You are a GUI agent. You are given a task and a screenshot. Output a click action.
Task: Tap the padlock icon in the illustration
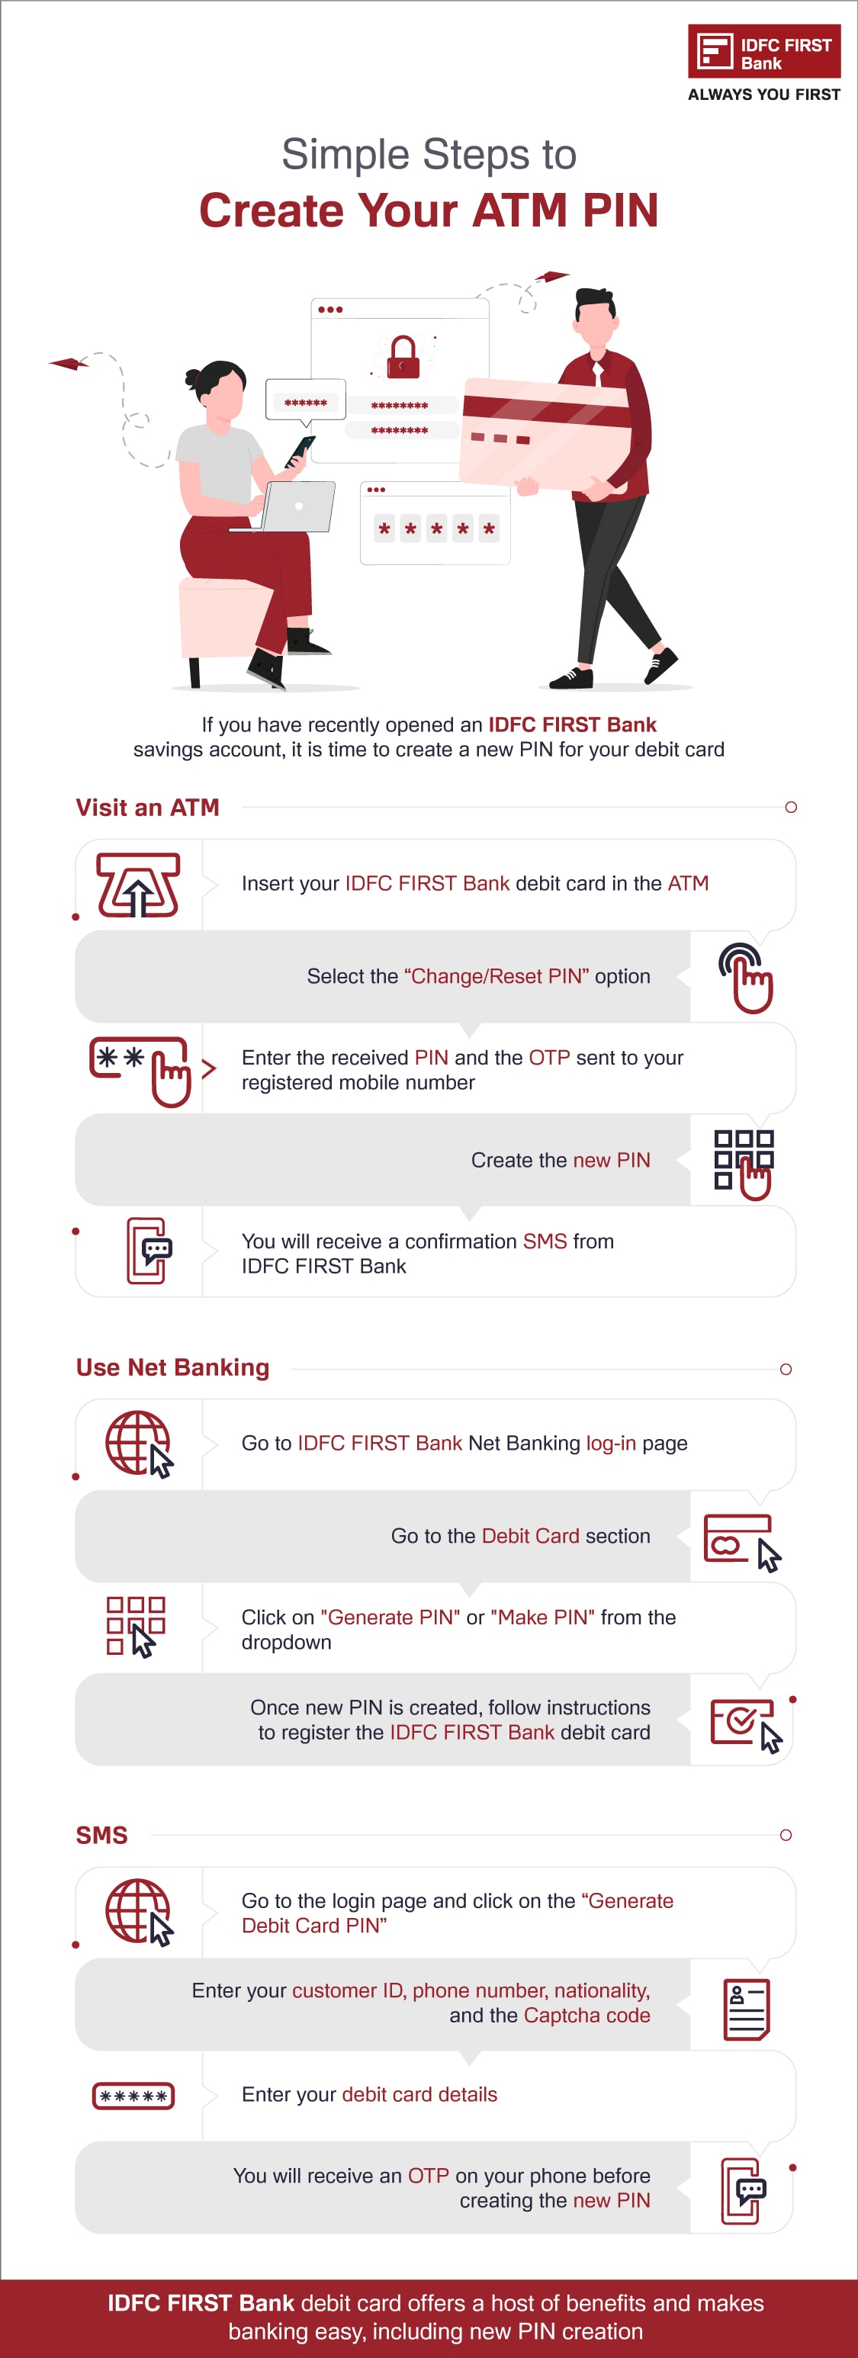pyautogui.click(x=402, y=358)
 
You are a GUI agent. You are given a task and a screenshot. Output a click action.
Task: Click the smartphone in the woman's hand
pyautogui.click(x=300, y=449)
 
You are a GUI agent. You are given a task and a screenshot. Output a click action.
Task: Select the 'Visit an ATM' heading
pyautogui.click(x=147, y=808)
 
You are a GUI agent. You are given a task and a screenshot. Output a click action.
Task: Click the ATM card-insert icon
pyautogui.click(x=138, y=885)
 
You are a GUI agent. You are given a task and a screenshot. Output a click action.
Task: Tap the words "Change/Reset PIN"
pyautogui.click(x=496, y=977)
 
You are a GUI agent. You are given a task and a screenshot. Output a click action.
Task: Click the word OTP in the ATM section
pyautogui.click(x=549, y=1059)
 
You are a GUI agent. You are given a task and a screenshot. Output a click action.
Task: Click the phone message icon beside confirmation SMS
pyautogui.click(x=149, y=1251)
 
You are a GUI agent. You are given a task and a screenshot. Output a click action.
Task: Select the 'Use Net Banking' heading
pyautogui.click(x=172, y=1367)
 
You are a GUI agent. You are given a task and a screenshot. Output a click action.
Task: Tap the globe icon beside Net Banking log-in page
pyautogui.click(x=138, y=1444)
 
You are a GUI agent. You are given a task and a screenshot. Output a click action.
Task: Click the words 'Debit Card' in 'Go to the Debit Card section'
pyautogui.click(x=530, y=1536)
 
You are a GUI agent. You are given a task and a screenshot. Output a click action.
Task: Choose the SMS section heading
pyautogui.click(x=101, y=1836)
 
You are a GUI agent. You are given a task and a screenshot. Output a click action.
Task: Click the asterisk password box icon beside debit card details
pyautogui.click(x=133, y=2096)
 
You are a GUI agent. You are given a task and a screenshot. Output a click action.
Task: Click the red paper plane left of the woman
pyautogui.click(x=68, y=364)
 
